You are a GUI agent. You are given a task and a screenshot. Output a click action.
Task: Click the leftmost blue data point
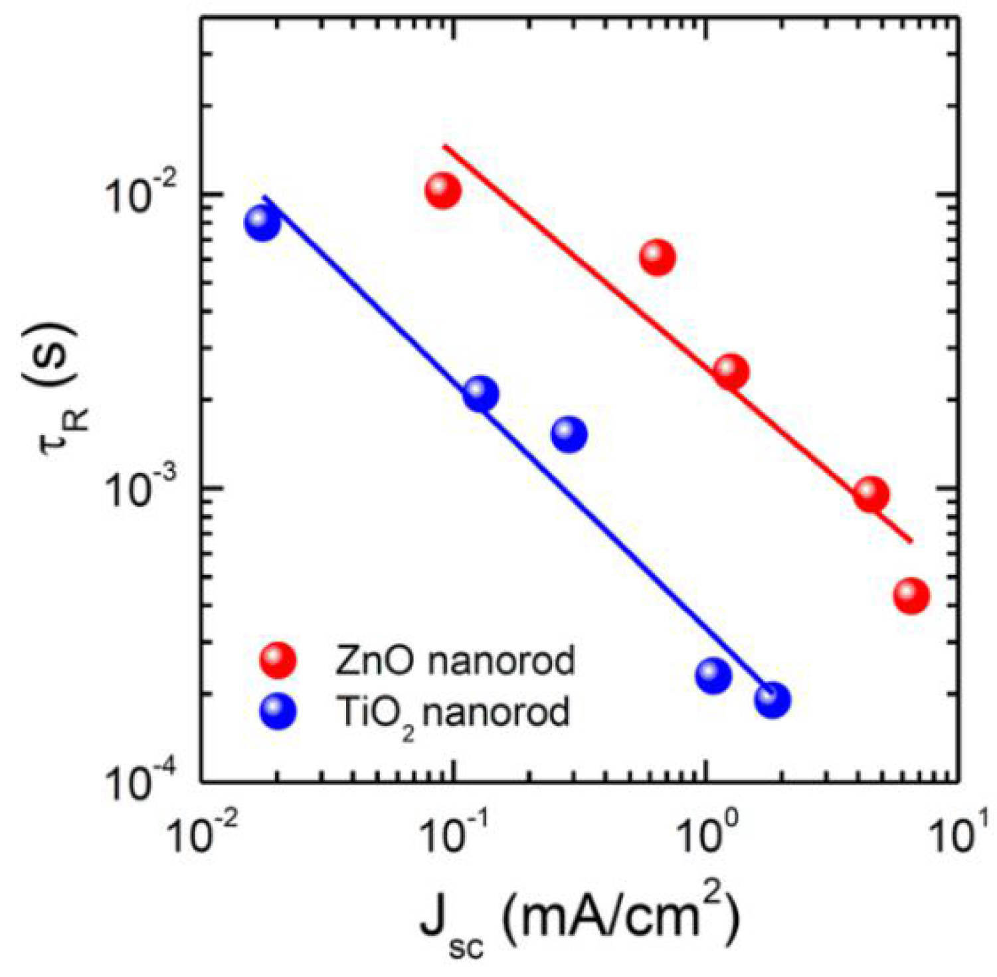[x=262, y=223]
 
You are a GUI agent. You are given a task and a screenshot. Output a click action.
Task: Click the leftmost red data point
[x=443, y=191]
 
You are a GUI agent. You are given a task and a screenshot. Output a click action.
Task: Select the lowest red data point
[x=911, y=596]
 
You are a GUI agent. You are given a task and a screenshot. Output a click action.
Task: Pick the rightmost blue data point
[x=772, y=700]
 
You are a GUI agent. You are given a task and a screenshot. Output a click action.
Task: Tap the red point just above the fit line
[x=658, y=258]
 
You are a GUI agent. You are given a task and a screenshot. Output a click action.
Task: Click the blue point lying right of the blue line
[x=569, y=434]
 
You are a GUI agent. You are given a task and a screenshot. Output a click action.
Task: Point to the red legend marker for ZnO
[x=278, y=660]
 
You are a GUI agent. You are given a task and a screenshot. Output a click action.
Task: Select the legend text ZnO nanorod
[x=454, y=661]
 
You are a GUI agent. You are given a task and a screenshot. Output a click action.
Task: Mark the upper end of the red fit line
[x=444, y=145]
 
